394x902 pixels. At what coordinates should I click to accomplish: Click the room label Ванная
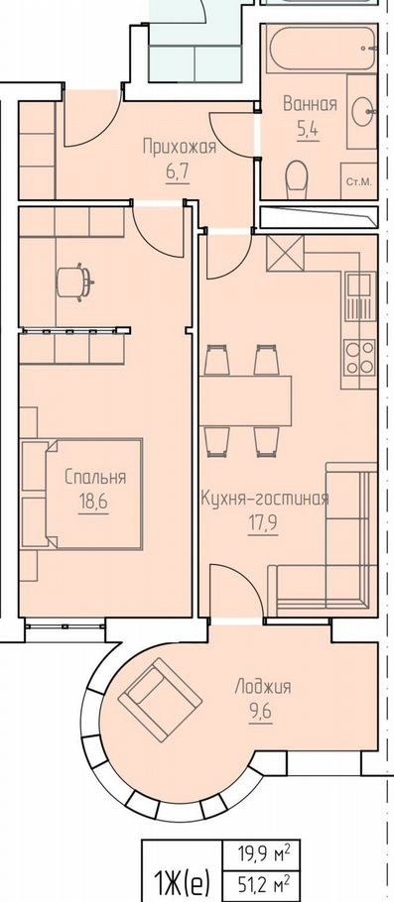[310, 105]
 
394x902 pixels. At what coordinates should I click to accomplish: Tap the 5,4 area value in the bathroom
[308, 129]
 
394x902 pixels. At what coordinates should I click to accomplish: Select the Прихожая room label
[180, 148]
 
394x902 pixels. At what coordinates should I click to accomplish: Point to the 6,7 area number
[178, 173]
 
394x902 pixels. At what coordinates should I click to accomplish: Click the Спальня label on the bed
[95, 477]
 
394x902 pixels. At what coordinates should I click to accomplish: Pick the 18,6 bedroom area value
[93, 502]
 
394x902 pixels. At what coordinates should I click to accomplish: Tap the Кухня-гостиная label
[264, 499]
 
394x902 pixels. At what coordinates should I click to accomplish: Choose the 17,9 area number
[263, 524]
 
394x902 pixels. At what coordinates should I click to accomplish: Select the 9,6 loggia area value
[260, 712]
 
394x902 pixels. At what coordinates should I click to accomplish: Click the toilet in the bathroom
[297, 178]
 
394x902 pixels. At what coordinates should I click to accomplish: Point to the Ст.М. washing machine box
[359, 181]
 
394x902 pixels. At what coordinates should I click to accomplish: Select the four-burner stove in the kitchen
[359, 357]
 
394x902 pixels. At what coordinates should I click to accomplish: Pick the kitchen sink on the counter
[359, 296]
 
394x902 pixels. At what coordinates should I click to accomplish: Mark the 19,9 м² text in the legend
[263, 853]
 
